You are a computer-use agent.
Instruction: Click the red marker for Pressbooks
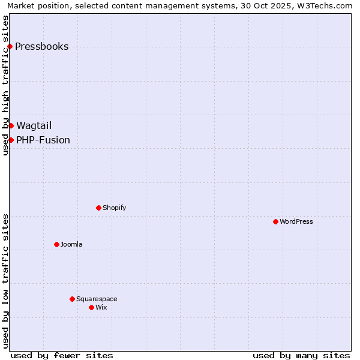[10, 47]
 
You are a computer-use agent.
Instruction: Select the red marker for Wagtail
[11, 125]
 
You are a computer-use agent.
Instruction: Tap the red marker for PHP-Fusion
[11, 140]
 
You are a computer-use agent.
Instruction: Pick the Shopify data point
[98, 208]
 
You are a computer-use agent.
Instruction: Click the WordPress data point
[275, 221]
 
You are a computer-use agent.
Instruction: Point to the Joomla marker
[56, 244]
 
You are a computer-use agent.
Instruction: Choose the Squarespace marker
[72, 299]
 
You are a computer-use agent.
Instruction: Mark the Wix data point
[91, 307]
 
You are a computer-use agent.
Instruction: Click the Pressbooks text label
[41, 47]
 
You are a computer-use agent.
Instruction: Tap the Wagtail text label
[34, 125]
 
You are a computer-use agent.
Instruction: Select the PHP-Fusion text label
[43, 140]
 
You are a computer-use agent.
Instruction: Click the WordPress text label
[296, 221]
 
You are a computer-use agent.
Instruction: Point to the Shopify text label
[115, 208]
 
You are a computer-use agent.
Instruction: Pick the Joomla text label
[71, 244]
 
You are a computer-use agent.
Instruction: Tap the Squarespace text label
[97, 299]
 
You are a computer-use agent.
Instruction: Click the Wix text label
[101, 307]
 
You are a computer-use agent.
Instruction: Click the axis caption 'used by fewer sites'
[62, 355]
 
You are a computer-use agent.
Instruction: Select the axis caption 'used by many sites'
[301, 355]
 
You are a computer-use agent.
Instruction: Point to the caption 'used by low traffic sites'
[6, 281]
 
